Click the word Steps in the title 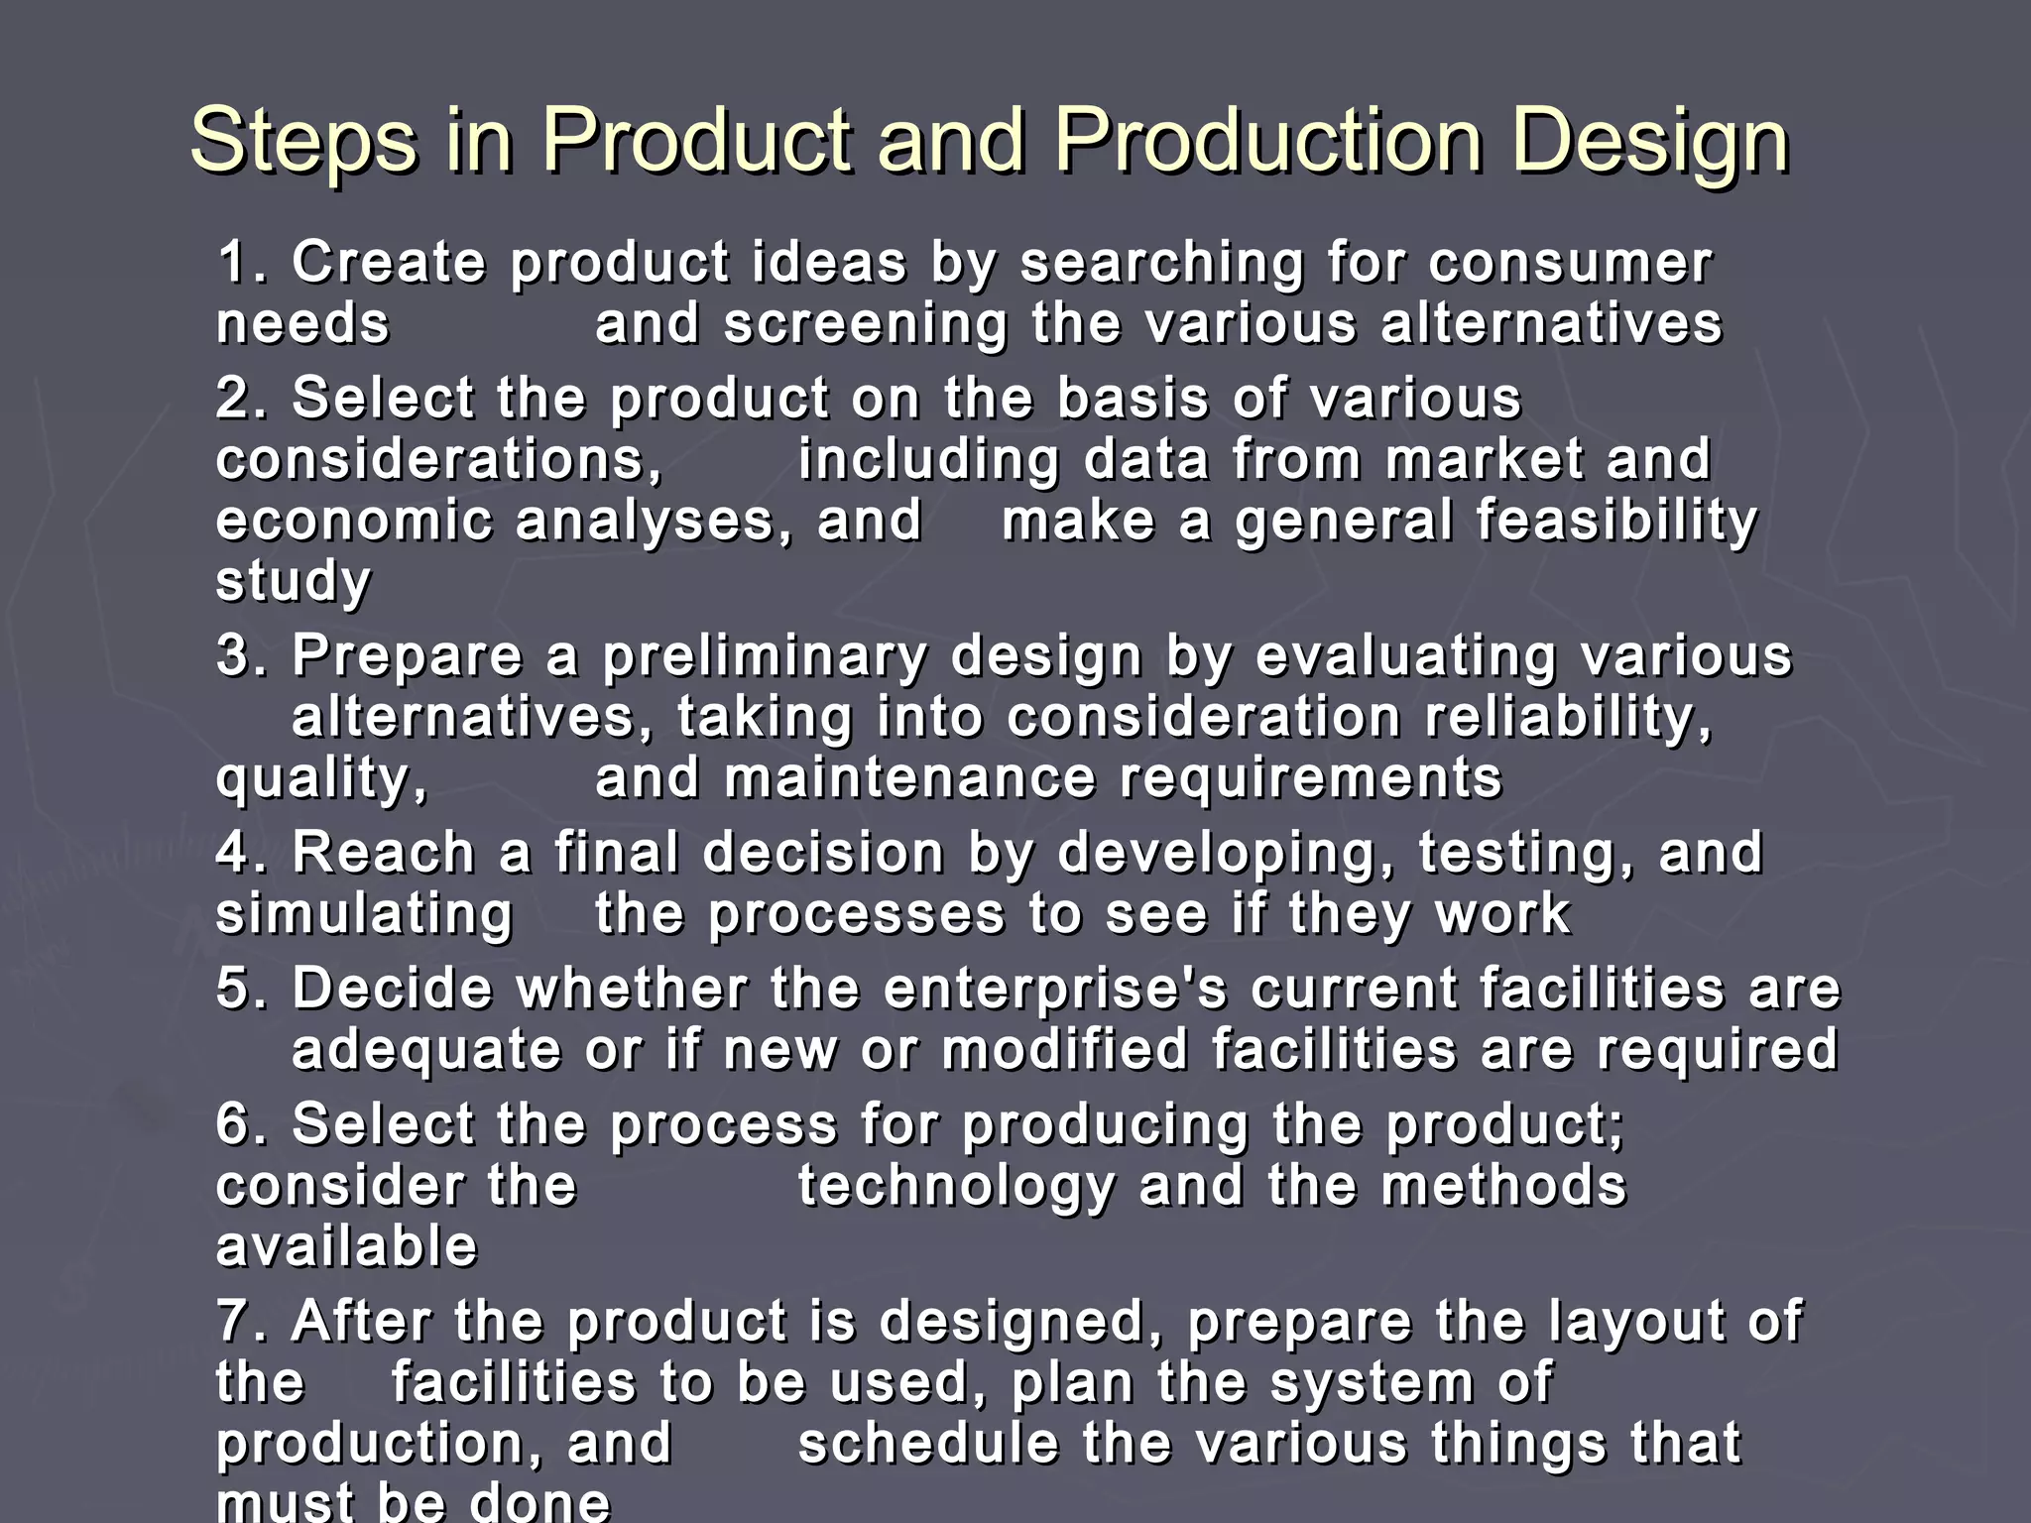pos(302,142)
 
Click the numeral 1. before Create pos(242,263)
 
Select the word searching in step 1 pos(1161,265)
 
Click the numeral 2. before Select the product pos(242,399)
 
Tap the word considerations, pos(439,460)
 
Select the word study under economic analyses pos(293,582)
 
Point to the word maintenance pos(909,778)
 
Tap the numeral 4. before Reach pos(242,853)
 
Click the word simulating pos(364,914)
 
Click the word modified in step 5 pos(1065,1050)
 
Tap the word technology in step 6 pos(956,1186)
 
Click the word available pos(346,1246)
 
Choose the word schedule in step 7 pos(928,1444)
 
